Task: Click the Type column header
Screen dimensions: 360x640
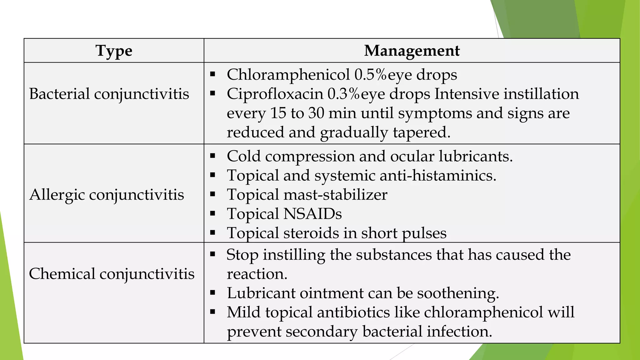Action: [114, 51]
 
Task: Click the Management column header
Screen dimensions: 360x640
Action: [412, 51]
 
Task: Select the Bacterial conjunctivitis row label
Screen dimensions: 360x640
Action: [109, 94]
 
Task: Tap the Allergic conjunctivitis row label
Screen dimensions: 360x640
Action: [107, 195]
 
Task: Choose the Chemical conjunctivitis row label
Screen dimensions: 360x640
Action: [112, 274]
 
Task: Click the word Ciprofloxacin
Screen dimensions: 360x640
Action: [275, 94]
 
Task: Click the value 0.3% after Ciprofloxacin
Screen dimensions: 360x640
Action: [343, 94]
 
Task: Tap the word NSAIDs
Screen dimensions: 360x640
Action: [312, 214]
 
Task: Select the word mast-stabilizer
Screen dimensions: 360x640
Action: [335, 195]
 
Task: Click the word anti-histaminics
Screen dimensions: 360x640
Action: [438, 175]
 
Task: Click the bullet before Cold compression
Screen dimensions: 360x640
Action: [213, 156]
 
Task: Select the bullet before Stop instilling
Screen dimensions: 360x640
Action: [213, 254]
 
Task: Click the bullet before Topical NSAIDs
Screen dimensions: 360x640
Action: [213, 214]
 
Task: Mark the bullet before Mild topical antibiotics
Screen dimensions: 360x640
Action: [213, 312]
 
